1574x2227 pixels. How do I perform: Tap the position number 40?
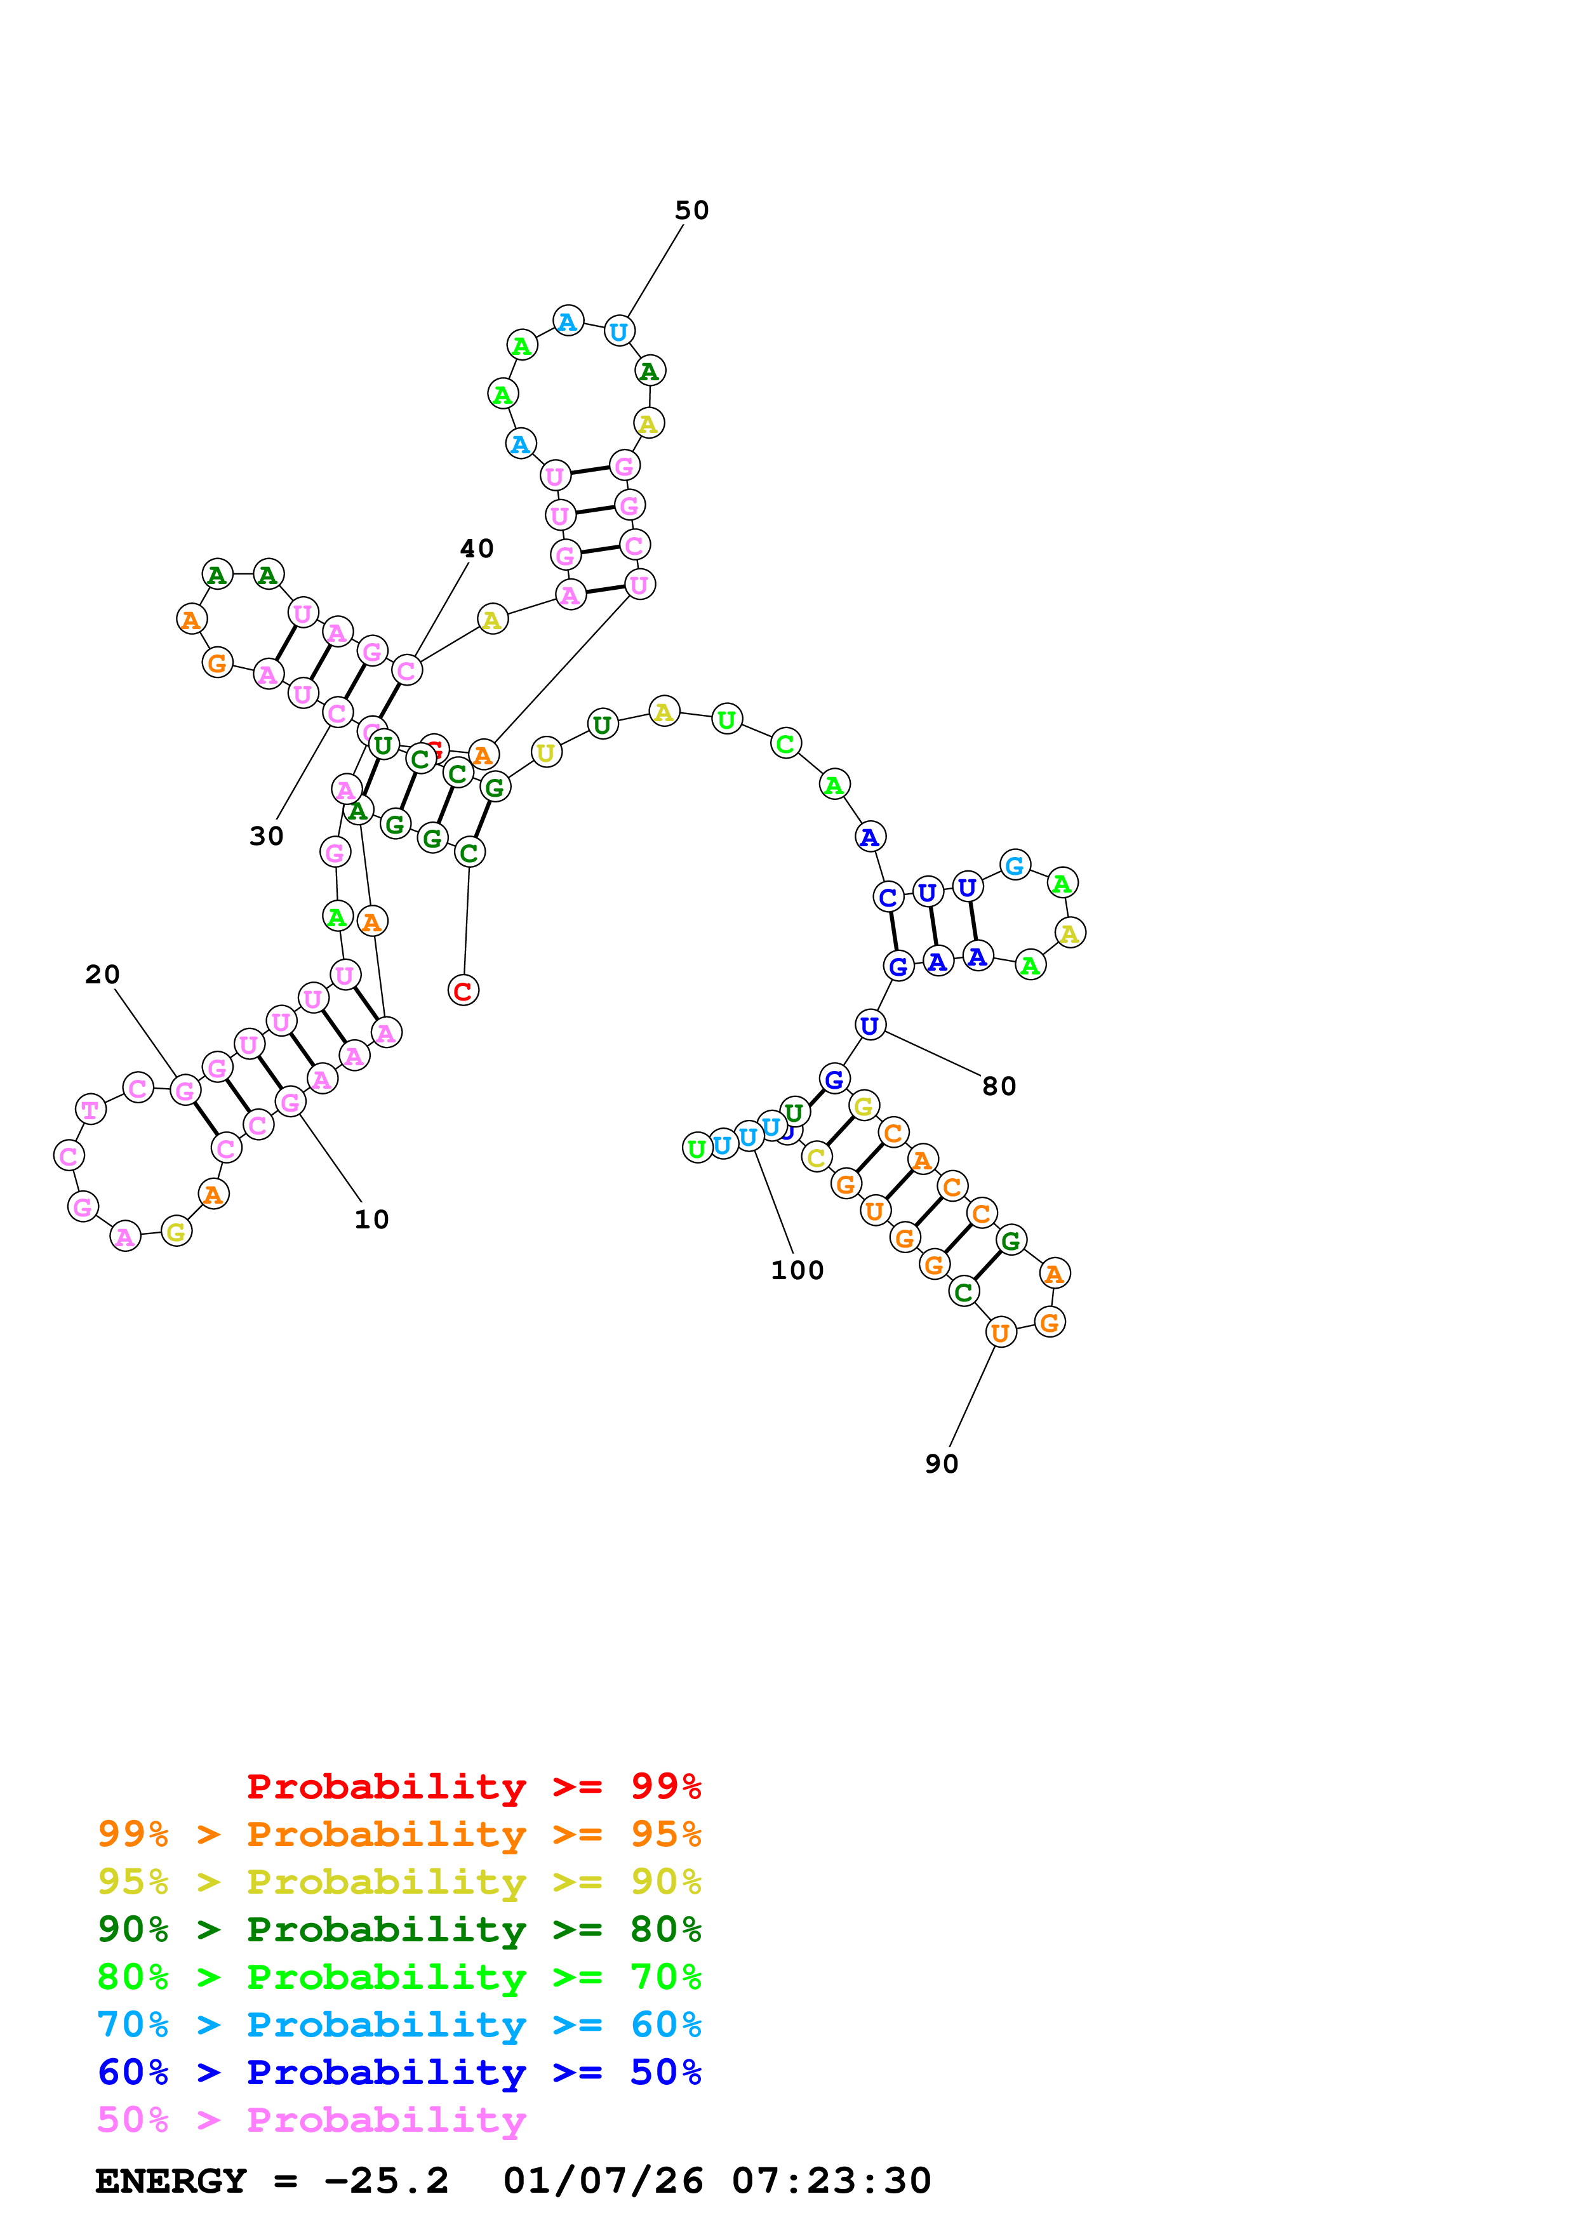[476, 549]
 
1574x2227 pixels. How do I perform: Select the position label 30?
[267, 836]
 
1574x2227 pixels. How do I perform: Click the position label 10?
[371, 1220]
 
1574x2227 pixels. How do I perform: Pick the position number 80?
[999, 1086]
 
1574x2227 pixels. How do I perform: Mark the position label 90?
[941, 1464]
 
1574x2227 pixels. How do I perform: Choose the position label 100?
[797, 1271]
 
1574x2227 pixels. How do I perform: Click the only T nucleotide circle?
[90, 1108]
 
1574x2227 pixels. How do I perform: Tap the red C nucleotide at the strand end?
[464, 991]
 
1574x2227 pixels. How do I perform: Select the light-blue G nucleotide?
[1015, 865]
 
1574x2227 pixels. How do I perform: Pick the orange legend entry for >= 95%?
[399, 1834]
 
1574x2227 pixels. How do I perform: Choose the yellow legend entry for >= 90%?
[399, 1882]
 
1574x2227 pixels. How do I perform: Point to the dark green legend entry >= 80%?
[399, 1929]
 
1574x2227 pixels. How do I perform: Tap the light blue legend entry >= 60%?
[399, 2024]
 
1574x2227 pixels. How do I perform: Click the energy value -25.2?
[386, 2181]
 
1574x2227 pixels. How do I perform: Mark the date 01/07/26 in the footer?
[603, 2181]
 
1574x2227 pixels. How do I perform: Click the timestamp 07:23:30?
[831, 2181]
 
